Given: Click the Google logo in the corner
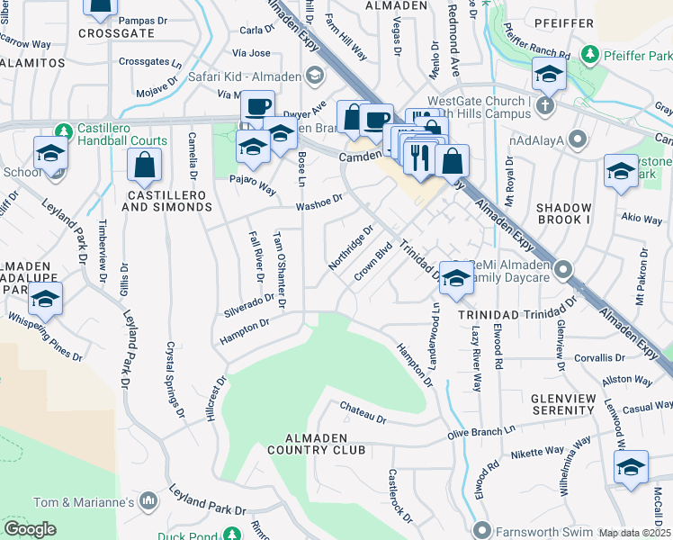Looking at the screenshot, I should [x=30, y=529].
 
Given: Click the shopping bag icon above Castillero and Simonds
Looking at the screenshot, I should [x=144, y=165].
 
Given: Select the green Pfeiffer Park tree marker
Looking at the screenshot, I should [x=589, y=55].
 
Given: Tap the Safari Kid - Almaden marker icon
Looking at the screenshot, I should [x=315, y=76].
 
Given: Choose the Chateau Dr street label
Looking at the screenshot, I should [x=363, y=413].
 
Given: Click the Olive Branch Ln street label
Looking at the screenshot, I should [x=486, y=431].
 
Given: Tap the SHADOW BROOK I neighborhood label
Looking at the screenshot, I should [x=576, y=213].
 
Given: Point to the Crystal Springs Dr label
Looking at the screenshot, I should [x=173, y=377].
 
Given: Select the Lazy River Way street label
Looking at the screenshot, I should [x=474, y=359].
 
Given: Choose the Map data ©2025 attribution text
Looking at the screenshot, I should [x=635, y=534].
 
